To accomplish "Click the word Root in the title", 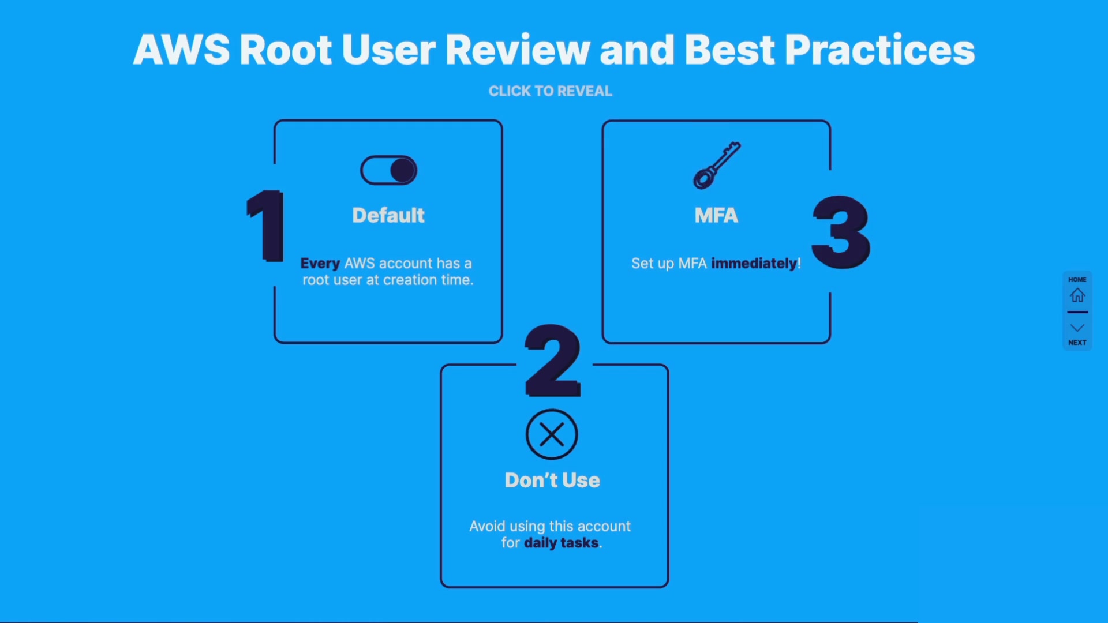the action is click(x=286, y=50).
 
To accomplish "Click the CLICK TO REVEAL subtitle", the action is click(x=550, y=91).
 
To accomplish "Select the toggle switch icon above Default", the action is click(x=388, y=170).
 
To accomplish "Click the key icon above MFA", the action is click(x=717, y=166).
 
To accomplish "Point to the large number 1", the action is click(x=265, y=226).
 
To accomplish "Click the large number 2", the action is click(x=552, y=360).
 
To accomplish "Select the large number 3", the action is click(x=841, y=232).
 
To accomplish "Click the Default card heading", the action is click(x=388, y=215).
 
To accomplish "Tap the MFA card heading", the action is click(x=716, y=215).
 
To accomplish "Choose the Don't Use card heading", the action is click(x=552, y=480).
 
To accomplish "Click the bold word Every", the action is click(x=320, y=264).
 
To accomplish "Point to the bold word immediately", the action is click(x=754, y=264).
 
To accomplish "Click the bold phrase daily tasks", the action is click(x=561, y=543).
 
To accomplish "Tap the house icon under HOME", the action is click(x=1077, y=295).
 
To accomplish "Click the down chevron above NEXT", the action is click(x=1077, y=328).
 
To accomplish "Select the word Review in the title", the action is click(x=518, y=50).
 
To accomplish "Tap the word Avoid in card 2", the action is click(x=487, y=526).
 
